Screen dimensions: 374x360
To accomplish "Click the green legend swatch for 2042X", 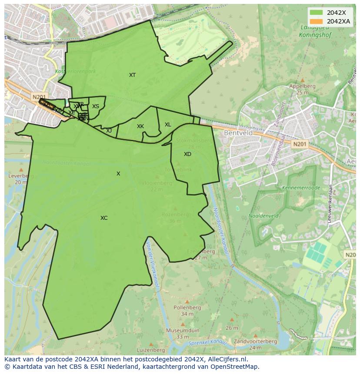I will point(316,13).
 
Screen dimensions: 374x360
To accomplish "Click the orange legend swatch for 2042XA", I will point(316,21).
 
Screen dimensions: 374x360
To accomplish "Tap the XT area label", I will point(132,75).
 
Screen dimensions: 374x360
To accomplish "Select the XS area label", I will point(96,106).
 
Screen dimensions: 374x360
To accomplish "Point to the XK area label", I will point(140,126).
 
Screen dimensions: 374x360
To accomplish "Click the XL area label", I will point(168,125).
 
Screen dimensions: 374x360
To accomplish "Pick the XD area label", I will point(187,154).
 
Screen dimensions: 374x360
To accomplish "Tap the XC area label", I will point(104,218).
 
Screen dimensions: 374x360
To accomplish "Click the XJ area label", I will point(109,130).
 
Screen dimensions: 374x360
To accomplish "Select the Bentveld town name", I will point(238,133).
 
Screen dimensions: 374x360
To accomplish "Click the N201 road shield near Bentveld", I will point(299,144).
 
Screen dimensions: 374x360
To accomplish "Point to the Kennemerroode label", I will point(301,188).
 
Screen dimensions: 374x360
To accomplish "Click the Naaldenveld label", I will point(263,215).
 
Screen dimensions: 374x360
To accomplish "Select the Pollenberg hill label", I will point(187,308).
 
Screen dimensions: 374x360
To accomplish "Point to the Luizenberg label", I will point(150,350).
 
